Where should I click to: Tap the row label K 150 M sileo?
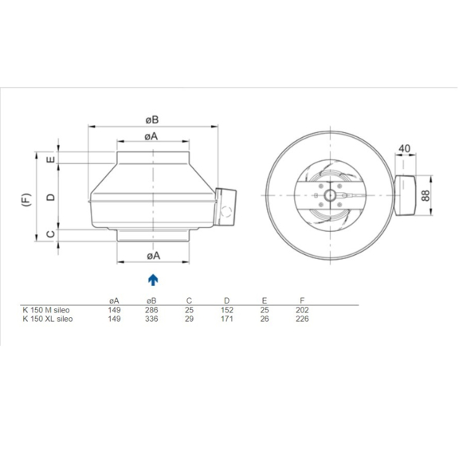point(47,309)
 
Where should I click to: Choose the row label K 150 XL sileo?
point(48,318)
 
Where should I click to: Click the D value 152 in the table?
point(227,309)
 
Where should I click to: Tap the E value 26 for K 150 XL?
point(264,318)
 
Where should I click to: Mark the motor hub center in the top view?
point(328,194)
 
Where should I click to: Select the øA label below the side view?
point(152,256)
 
